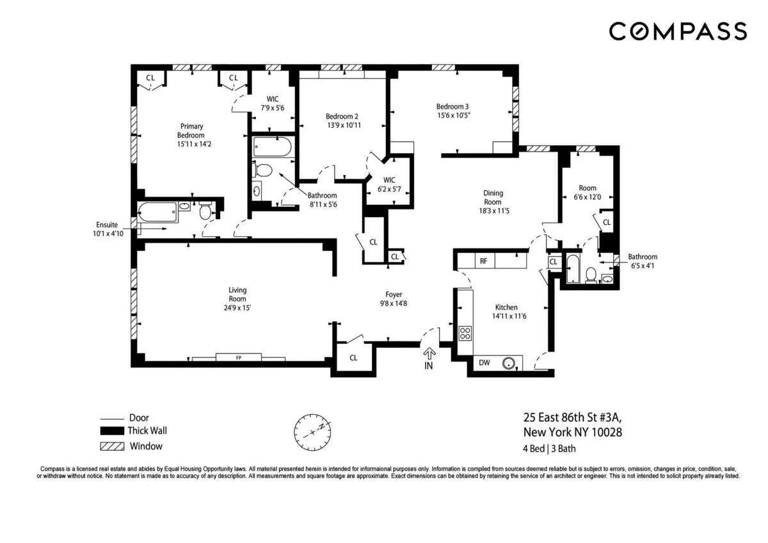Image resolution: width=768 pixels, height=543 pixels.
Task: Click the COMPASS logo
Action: point(677,31)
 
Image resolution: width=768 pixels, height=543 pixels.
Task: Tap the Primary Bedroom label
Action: point(191,131)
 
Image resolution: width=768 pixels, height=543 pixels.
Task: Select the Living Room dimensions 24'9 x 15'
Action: point(237,307)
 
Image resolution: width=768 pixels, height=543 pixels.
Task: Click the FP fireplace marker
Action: point(237,357)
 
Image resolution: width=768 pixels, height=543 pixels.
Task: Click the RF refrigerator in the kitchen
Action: point(484,261)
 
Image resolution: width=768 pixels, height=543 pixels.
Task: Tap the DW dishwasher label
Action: point(484,363)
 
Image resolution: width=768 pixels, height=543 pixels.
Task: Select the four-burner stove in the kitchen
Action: point(465,333)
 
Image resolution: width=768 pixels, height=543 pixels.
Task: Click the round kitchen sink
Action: point(509,363)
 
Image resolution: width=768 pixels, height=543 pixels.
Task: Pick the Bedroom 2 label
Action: point(342,116)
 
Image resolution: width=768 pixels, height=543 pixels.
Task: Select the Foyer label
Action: point(394,295)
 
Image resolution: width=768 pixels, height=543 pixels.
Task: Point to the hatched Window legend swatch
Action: point(112,446)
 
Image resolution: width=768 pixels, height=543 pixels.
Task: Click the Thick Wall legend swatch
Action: point(112,431)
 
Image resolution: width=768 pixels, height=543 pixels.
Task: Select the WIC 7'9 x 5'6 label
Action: point(273,103)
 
